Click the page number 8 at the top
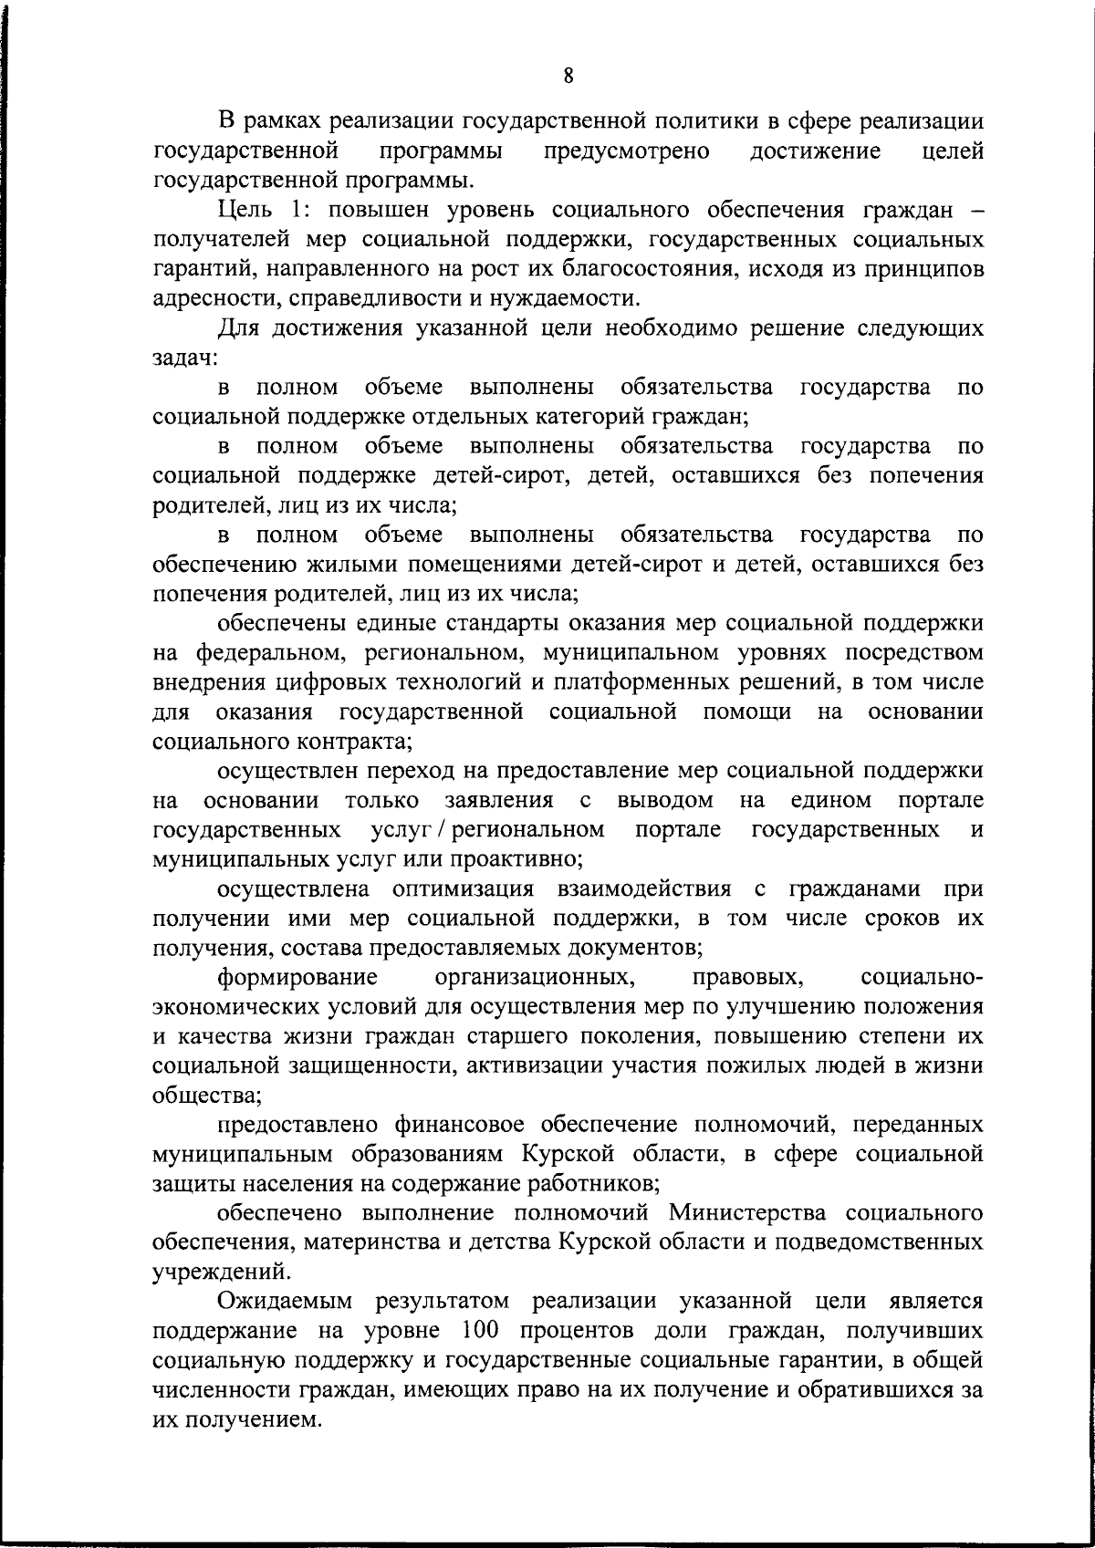(x=568, y=77)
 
